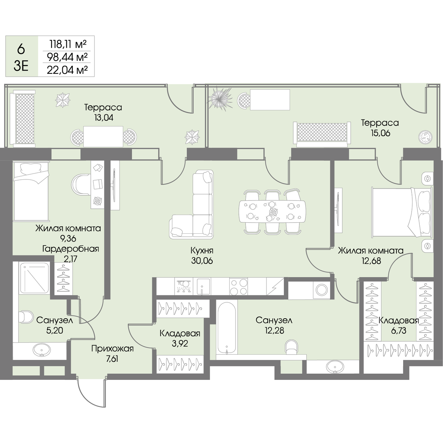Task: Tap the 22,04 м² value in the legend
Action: click(67, 70)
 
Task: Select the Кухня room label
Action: click(202, 250)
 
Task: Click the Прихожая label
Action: click(113, 348)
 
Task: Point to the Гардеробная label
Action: click(71, 249)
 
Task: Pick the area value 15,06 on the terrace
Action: click(381, 133)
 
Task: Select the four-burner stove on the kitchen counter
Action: click(238, 286)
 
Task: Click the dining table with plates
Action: click(272, 211)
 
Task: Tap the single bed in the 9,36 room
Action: click(31, 191)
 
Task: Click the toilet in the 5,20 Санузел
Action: click(26, 317)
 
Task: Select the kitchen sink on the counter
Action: click(202, 286)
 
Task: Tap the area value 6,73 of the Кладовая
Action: click(398, 330)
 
